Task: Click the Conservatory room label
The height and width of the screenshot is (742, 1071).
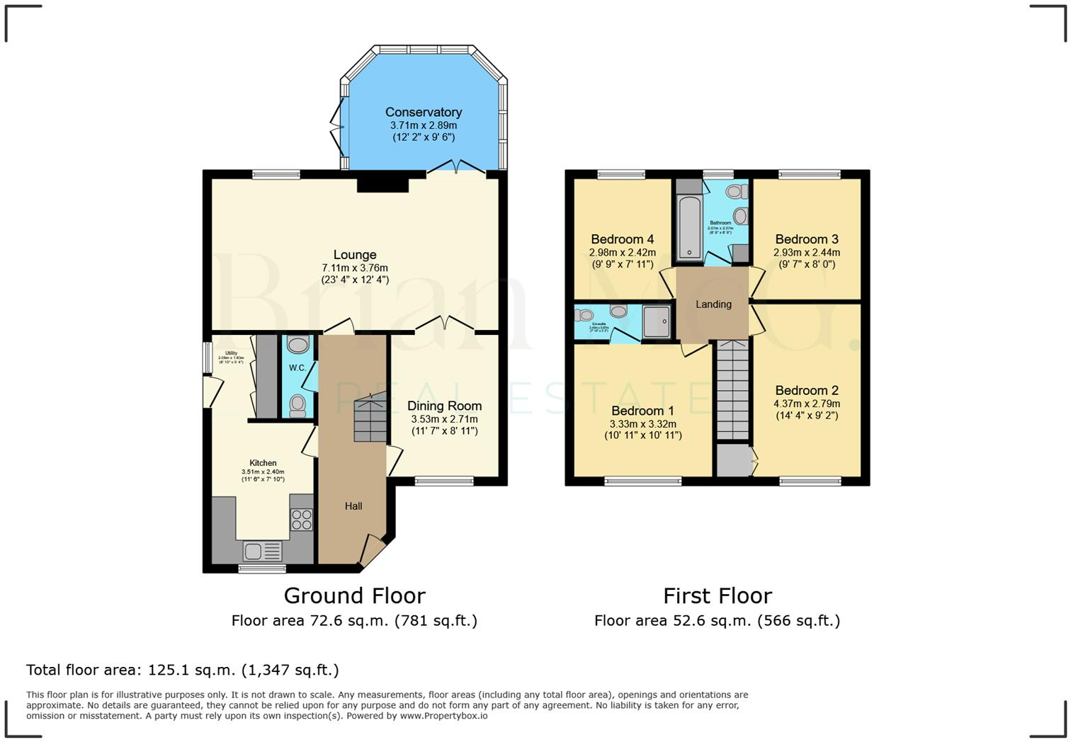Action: pos(424,112)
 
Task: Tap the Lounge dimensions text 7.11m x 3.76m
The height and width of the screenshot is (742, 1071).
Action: pos(355,268)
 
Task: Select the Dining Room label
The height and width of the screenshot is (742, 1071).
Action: pos(444,406)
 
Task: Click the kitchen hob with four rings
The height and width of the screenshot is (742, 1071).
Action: pos(302,520)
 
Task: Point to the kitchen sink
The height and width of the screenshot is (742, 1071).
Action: pos(261,551)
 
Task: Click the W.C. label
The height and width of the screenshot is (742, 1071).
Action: pos(297,368)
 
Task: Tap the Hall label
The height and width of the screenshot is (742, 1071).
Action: pos(353,506)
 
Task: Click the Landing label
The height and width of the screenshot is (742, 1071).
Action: pos(713,304)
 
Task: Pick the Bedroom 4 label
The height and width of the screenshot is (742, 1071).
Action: pos(623,239)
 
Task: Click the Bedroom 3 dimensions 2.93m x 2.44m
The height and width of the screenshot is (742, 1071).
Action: pos(807,253)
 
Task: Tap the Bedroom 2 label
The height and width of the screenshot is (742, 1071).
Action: pos(807,390)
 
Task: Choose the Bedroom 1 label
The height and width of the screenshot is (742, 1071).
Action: pos(642,411)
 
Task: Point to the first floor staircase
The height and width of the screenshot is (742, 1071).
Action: pos(732,389)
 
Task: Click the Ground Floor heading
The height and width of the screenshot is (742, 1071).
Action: pos(354,595)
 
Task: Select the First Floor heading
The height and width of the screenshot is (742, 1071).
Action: pos(717,595)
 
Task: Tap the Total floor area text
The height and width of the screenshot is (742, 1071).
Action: pos(183,670)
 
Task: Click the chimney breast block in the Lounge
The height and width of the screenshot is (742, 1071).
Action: pos(382,184)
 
